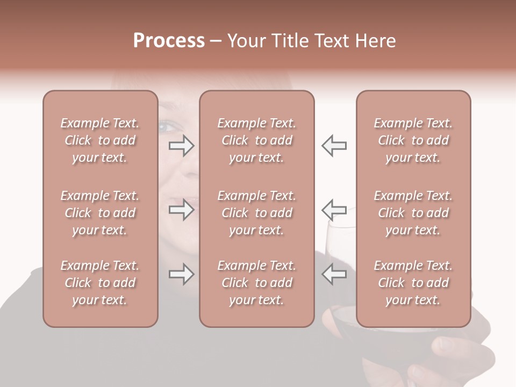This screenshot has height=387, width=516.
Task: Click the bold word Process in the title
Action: click(x=169, y=41)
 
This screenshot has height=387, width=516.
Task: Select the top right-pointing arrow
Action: click(x=181, y=146)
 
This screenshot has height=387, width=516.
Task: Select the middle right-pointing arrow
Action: click(x=181, y=209)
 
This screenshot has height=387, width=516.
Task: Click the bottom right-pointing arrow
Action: click(x=181, y=274)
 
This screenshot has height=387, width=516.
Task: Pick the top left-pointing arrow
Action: click(x=334, y=146)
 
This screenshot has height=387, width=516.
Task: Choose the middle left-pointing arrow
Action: click(x=334, y=209)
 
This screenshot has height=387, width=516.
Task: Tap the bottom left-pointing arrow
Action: click(x=334, y=274)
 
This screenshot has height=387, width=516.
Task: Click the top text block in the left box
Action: click(x=100, y=140)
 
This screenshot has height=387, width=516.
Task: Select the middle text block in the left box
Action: click(x=100, y=213)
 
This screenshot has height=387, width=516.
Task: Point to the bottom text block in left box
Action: click(x=100, y=283)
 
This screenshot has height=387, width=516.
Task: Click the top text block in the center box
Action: click(x=257, y=140)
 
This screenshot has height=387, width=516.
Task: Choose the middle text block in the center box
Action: click(x=257, y=213)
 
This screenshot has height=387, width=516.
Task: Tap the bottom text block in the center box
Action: click(x=257, y=283)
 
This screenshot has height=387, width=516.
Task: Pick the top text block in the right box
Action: click(x=413, y=140)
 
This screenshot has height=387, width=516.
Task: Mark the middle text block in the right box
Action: click(x=413, y=213)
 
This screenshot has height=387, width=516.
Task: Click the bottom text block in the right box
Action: click(x=413, y=283)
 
